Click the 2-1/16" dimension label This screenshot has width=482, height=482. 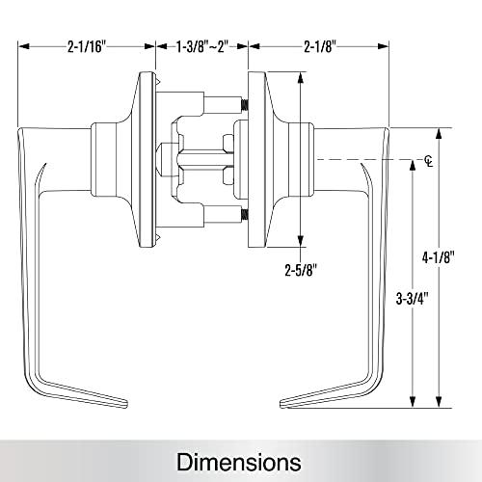[87, 47]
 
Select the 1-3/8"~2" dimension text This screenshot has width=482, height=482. [202, 47]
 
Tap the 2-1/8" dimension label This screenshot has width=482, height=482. [320, 47]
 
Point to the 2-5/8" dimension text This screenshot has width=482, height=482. [301, 270]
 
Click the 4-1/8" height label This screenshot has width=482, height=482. [439, 257]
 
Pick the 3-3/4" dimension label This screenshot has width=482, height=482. [413, 299]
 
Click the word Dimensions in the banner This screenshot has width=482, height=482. [239, 462]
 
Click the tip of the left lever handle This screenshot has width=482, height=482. [127, 405]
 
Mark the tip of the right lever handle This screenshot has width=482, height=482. [281, 405]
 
